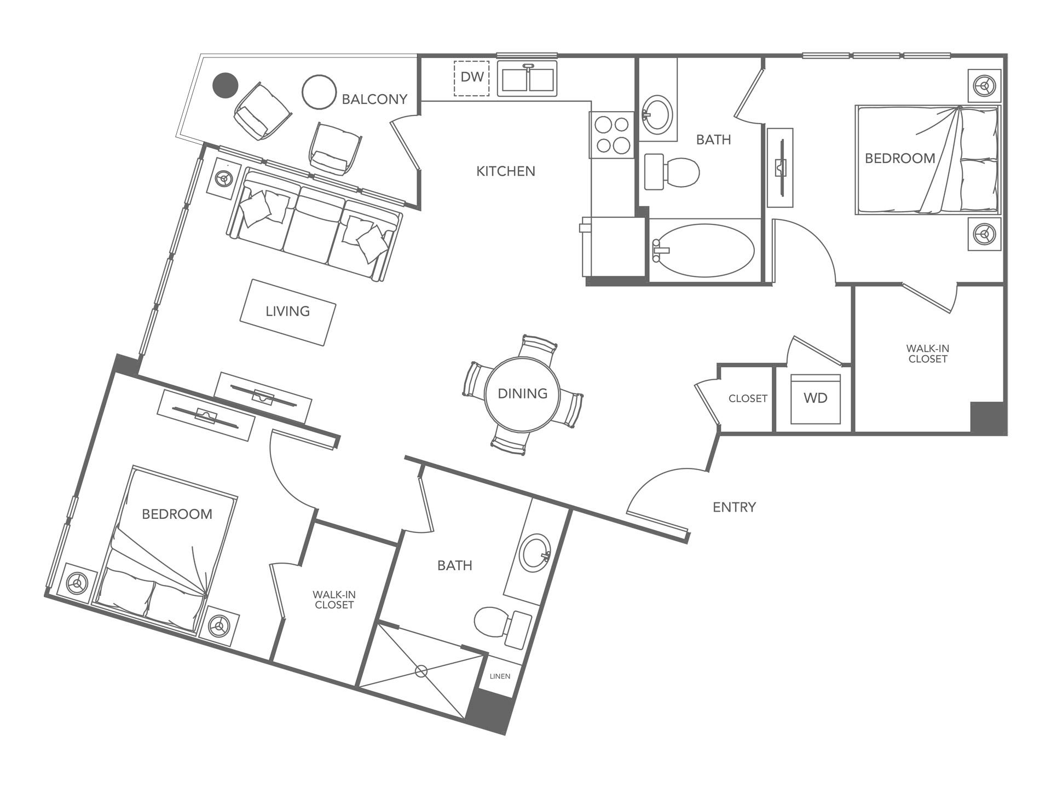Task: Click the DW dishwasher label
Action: pos(471,77)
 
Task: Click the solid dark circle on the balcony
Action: pos(225,85)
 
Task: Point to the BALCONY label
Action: pos(374,100)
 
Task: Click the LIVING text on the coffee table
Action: pos(287,311)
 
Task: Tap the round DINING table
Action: pos(522,394)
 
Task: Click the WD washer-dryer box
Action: pos(815,399)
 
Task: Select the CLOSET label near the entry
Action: pos(747,399)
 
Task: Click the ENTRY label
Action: pos(734,507)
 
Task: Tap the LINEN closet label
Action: pos(499,676)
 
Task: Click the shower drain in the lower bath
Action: pos(421,671)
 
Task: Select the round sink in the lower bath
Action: pos(535,553)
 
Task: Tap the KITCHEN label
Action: pos(505,172)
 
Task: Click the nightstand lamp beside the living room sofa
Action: pos(223,178)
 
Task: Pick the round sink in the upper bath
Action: pos(657,114)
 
